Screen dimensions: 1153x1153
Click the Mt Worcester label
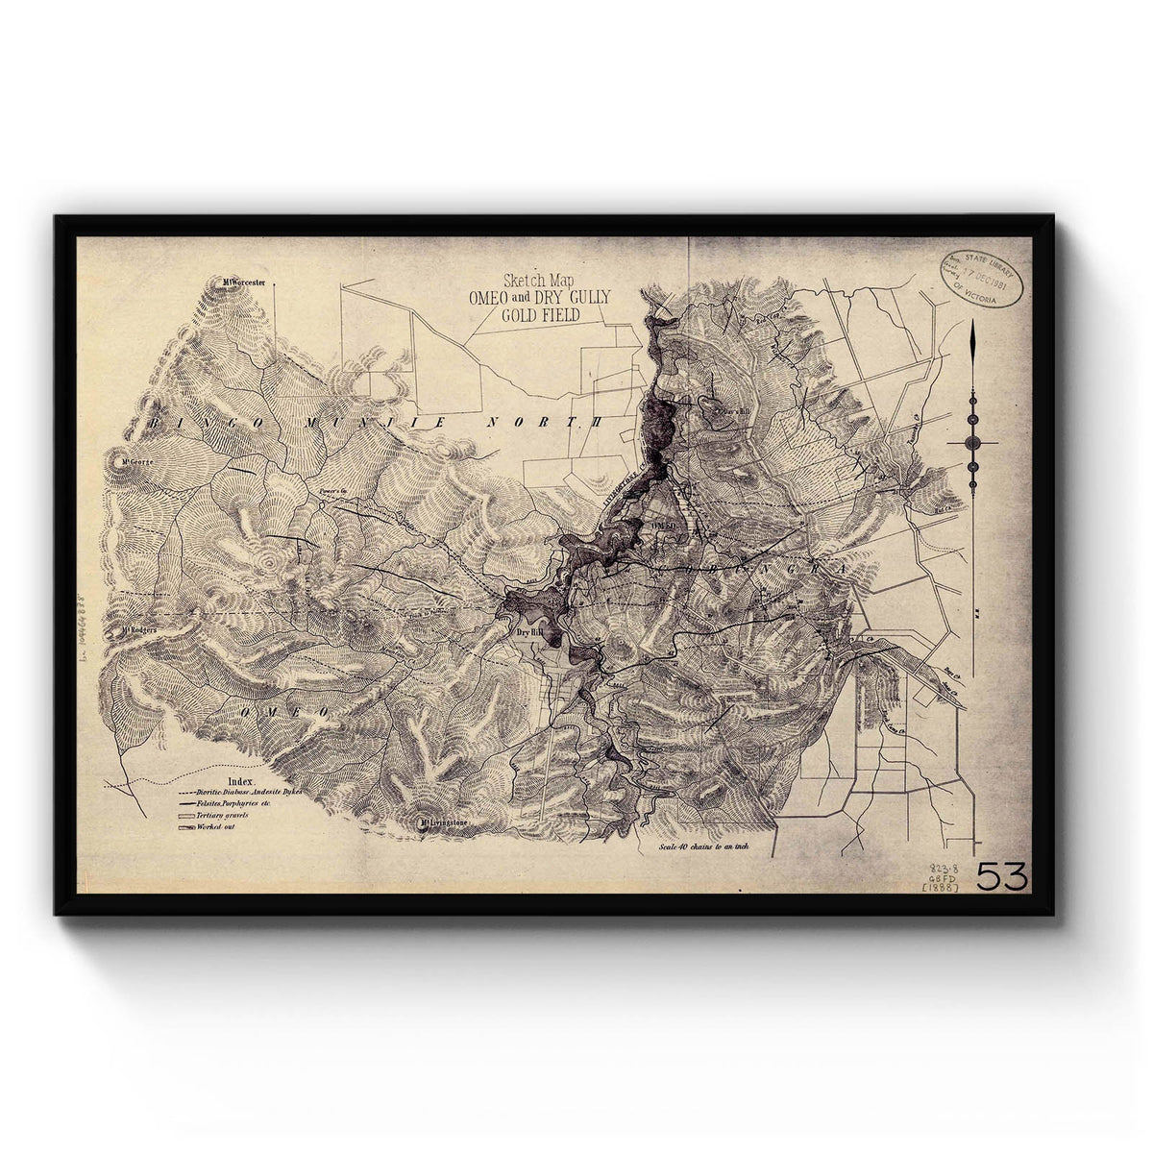tap(241, 282)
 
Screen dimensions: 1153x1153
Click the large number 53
tap(1002, 876)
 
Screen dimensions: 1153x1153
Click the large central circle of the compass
tap(971, 442)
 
